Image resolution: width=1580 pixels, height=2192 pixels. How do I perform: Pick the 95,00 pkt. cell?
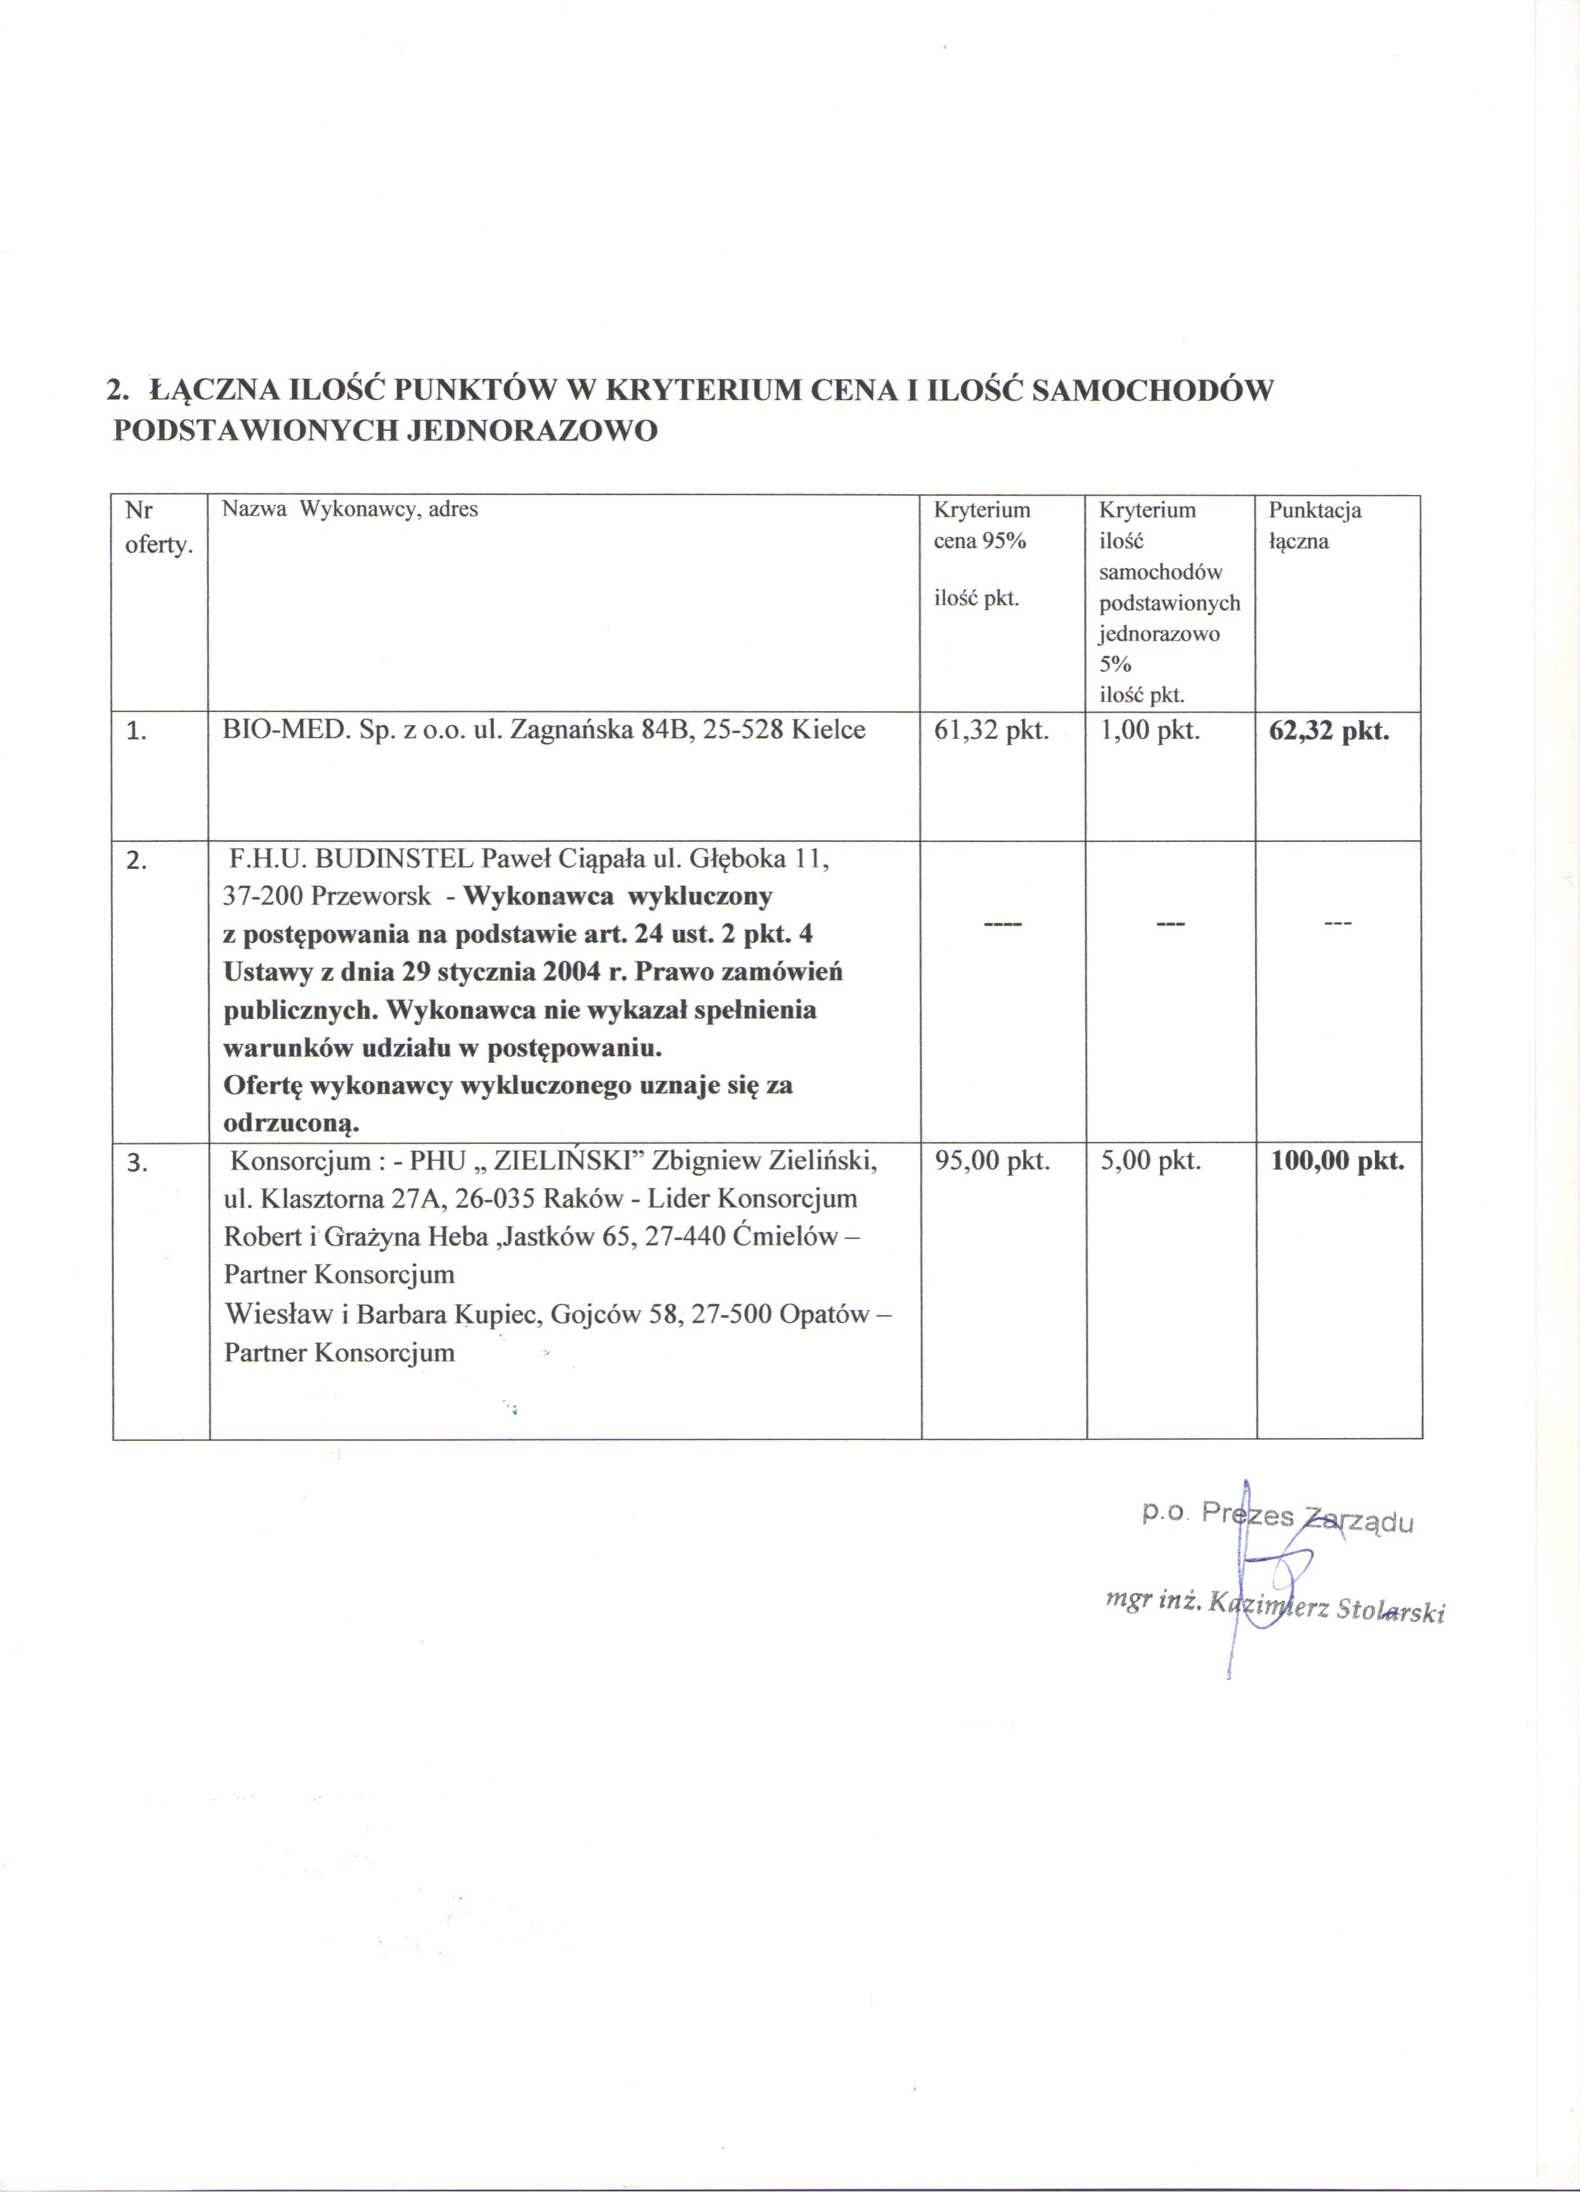(991, 1162)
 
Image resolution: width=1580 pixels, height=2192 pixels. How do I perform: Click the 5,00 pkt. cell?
(1150, 1162)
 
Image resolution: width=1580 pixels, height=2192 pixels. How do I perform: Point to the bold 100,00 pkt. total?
(1336, 1162)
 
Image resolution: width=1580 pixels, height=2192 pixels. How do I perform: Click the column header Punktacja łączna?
(1314, 525)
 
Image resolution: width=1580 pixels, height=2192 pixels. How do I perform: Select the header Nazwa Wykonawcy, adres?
(350, 509)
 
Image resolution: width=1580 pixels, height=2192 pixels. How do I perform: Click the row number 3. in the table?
(137, 1164)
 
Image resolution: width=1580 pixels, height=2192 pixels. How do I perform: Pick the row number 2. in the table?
(137, 862)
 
